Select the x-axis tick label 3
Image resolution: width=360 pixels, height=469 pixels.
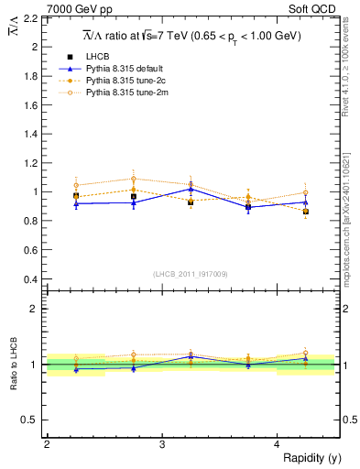(162, 443)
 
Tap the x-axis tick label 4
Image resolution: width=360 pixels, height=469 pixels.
(278, 443)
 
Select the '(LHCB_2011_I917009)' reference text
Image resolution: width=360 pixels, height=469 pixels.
(191, 274)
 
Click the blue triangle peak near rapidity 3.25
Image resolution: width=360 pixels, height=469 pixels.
(191, 189)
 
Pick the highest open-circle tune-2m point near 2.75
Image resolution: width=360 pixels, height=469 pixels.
(134, 179)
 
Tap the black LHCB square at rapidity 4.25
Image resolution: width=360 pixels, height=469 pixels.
(306, 212)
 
